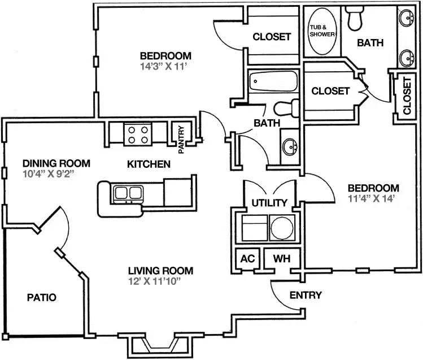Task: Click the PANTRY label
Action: (181, 140)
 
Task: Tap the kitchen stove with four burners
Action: (138, 135)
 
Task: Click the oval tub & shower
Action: (322, 31)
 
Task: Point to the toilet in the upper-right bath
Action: (355, 18)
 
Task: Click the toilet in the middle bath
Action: (286, 108)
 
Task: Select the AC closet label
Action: (247, 258)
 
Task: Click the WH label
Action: (282, 258)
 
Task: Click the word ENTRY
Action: (306, 295)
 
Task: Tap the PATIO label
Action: (42, 297)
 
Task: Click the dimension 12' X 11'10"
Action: (154, 281)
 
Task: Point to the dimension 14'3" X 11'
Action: (163, 66)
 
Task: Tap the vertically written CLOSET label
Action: (407, 96)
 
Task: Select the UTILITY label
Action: (269, 203)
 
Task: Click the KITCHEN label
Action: (149, 164)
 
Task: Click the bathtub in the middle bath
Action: (273, 81)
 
